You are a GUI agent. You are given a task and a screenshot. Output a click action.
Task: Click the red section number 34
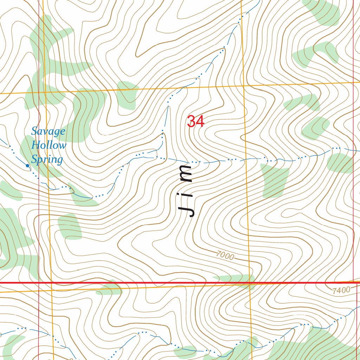click(196, 122)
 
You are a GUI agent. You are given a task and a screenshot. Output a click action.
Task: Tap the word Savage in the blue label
click(48, 131)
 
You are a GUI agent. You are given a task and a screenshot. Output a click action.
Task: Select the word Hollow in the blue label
click(49, 145)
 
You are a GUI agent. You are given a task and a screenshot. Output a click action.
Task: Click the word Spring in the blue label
click(47, 160)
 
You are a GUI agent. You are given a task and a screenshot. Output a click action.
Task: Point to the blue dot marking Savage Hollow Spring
click(27, 165)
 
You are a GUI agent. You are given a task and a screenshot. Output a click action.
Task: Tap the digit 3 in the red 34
click(192, 122)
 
